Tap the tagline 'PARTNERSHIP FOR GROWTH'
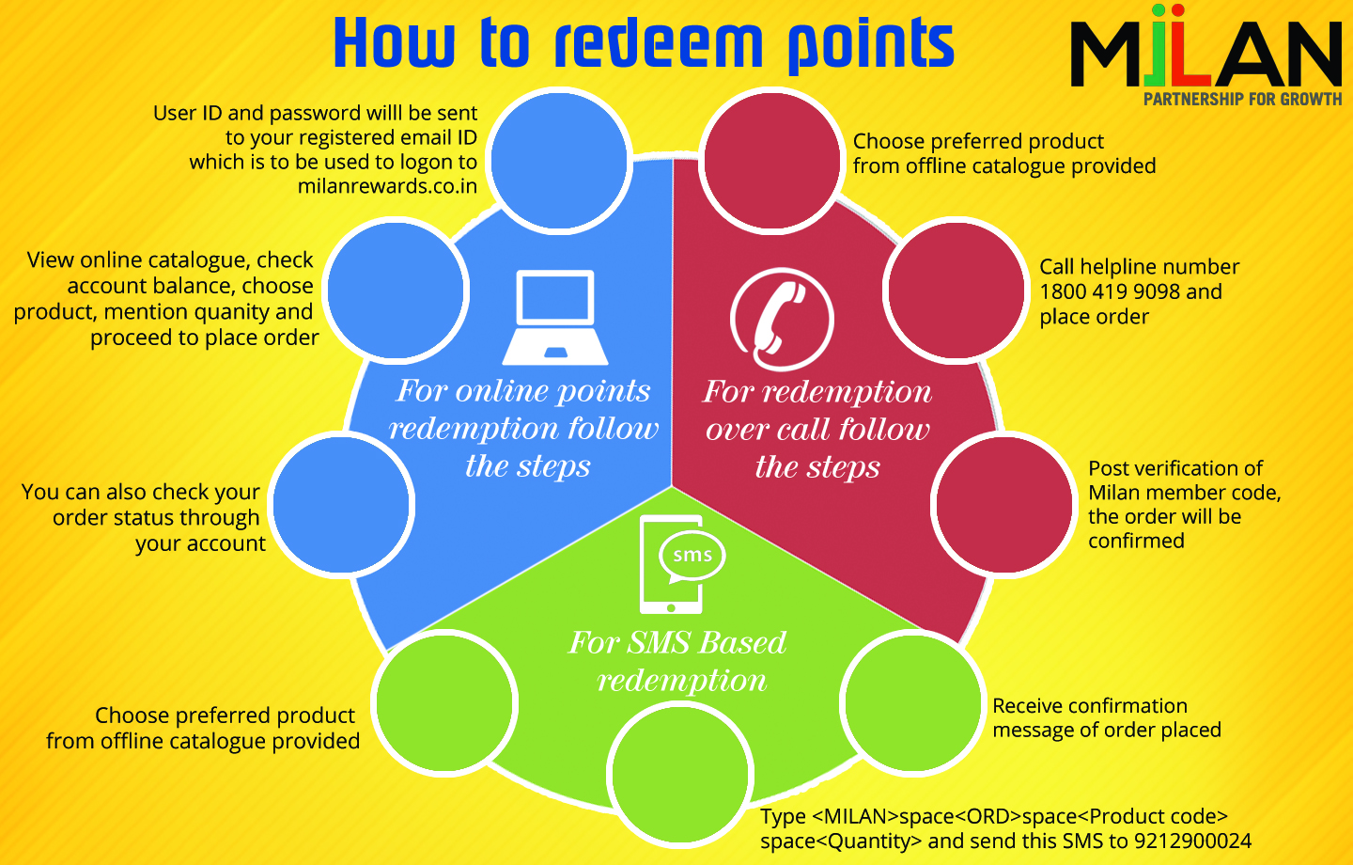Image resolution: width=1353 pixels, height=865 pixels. pyautogui.click(x=1242, y=99)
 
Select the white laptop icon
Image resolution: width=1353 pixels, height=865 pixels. pyautogui.click(x=555, y=317)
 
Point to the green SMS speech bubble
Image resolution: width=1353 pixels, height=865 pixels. pyautogui.click(x=692, y=556)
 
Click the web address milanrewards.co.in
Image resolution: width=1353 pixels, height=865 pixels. pyautogui.click(x=387, y=186)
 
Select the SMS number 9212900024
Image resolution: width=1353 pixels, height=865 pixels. pyautogui.click(x=1192, y=841)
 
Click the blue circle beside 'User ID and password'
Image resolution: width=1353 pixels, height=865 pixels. pyautogui.click(x=560, y=160)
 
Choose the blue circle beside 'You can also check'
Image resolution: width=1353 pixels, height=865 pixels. pyautogui.click(x=342, y=505)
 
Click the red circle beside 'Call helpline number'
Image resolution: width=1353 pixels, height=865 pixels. pyautogui.click(x=956, y=290)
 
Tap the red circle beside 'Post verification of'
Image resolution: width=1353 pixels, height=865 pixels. pyautogui.click(x=1003, y=504)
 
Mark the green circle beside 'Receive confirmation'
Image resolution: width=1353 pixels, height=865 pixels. pyautogui.click(x=911, y=702)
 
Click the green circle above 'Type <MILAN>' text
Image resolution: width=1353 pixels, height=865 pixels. pyautogui.click(x=680, y=774)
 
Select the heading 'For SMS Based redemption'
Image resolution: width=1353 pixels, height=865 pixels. pyautogui.click(x=678, y=661)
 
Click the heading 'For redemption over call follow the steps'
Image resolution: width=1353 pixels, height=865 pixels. pyautogui.click(x=817, y=429)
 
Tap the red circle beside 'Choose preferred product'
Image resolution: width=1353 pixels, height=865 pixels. pyautogui.click(x=771, y=160)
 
